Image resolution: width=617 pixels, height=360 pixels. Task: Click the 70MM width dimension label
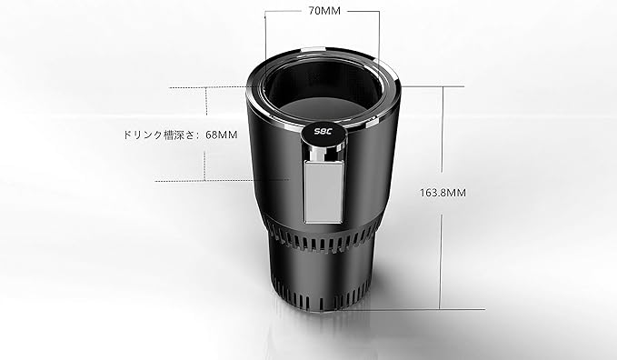click(324, 11)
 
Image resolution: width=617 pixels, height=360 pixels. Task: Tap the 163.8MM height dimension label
click(443, 193)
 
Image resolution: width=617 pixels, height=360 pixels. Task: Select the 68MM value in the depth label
click(222, 135)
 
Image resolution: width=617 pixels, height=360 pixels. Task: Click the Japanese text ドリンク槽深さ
click(160, 135)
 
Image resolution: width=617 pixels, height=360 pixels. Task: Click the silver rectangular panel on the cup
click(323, 192)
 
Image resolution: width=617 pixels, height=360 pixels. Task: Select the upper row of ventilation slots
click(321, 239)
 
